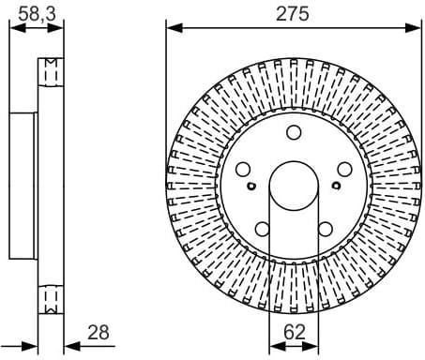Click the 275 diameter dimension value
(292, 14)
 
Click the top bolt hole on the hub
(293, 132)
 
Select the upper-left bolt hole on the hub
(243, 170)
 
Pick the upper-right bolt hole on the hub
(342, 170)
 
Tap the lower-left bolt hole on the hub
(262, 228)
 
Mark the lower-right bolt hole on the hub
(324, 228)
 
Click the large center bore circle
(293, 185)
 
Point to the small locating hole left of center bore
(251, 186)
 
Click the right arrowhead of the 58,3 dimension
(61, 27)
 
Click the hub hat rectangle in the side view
(23, 185)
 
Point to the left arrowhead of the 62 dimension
(273, 345)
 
